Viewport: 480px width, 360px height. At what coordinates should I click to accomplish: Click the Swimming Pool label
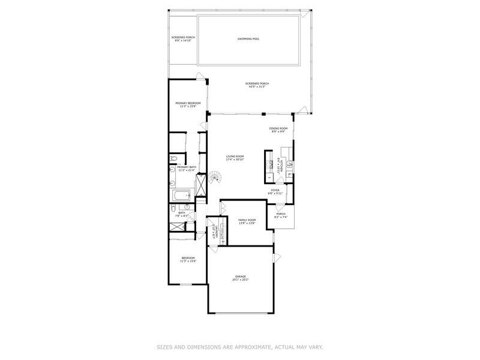248,38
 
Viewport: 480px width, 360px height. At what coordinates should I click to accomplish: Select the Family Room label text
247,221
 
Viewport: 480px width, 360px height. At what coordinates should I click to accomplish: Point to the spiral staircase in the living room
214,179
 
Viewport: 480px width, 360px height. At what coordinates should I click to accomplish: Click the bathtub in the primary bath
180,195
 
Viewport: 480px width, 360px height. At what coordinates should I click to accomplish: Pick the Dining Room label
278,128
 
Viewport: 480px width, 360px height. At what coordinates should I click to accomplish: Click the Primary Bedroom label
188,104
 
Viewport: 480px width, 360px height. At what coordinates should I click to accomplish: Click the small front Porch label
281,214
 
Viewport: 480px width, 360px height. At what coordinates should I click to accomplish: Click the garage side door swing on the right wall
277,257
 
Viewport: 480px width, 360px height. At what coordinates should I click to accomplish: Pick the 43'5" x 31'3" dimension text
257,87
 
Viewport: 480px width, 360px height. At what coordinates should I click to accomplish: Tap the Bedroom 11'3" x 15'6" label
188,259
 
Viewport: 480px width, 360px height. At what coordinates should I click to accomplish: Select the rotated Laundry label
211,230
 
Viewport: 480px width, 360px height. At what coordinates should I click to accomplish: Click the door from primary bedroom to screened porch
202,76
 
